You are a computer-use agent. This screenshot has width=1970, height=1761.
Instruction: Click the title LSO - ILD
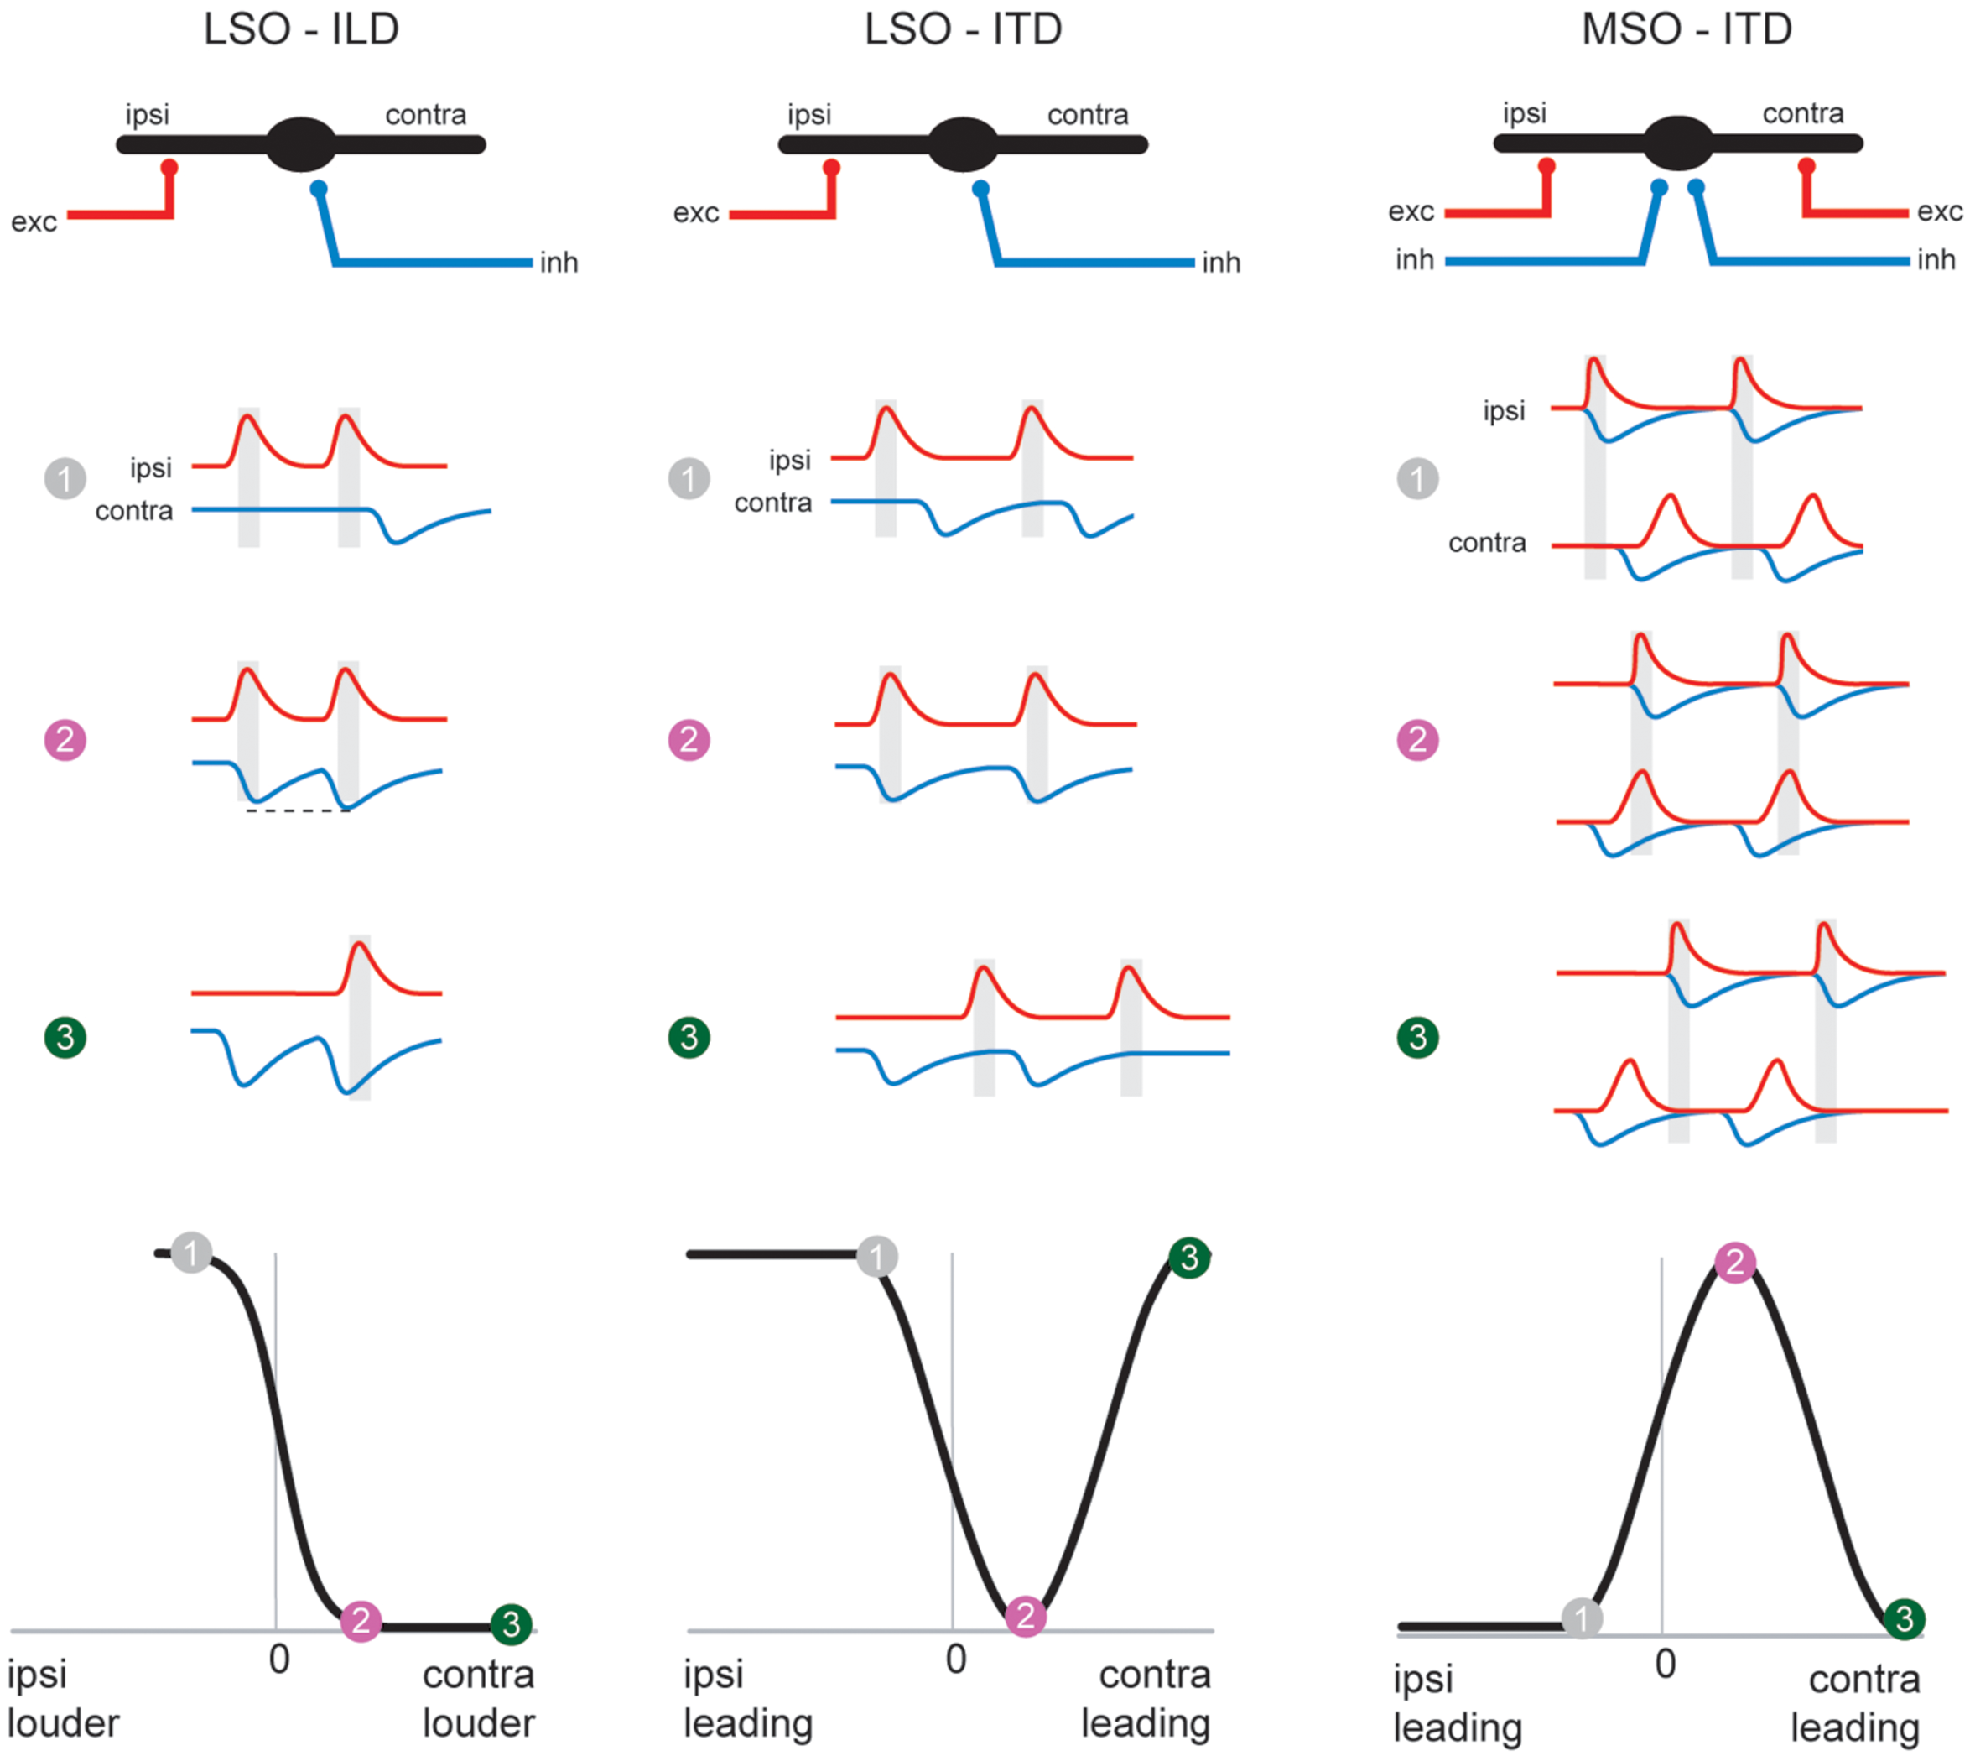(301, 29)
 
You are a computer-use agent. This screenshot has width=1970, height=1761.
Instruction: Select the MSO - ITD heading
(1687, 29)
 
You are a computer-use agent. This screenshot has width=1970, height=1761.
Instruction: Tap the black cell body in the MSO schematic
(1678, 143)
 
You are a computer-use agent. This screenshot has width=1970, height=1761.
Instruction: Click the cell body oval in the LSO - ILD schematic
(301, 144)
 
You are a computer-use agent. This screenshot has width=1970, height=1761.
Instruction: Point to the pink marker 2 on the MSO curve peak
(1735, 1262)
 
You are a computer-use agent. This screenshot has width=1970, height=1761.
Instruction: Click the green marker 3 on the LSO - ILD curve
(511, 1623)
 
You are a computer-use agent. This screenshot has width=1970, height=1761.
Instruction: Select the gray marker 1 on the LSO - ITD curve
(877, 1257)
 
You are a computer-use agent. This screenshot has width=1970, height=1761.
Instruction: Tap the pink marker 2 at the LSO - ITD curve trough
(1025, 1616)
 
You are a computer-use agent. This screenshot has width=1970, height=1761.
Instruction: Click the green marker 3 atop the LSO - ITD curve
(1189, 1258)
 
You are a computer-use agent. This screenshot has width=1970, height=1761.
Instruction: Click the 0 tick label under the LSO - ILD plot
(278, 1659)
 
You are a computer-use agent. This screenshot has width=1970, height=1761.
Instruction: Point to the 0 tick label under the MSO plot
(1666, 1665)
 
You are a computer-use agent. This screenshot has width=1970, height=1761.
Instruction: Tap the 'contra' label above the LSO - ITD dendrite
(1087, 114)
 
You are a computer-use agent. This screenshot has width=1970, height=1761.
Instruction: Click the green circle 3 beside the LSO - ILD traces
(65, 1037)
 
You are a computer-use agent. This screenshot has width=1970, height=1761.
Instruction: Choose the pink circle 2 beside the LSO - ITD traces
(689, 740)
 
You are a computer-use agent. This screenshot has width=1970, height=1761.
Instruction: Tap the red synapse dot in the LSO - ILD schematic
(169, 168)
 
